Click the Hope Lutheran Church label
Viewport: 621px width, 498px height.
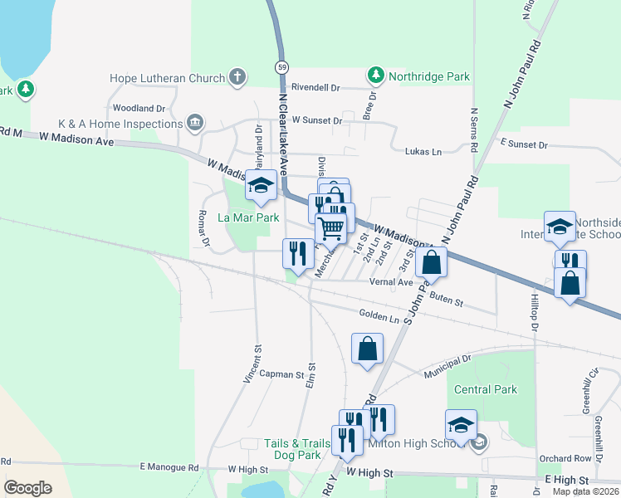167,78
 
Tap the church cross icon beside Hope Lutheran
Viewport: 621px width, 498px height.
237,78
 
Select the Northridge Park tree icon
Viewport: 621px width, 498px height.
376,76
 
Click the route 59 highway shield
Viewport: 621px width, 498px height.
283,66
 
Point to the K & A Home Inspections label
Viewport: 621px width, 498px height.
120,124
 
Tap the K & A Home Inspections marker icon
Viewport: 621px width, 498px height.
195,124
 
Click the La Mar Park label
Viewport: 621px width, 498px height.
248,217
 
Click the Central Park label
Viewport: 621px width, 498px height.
486,389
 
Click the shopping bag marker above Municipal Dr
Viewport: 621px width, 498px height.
367,349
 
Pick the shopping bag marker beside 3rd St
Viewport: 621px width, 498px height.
432,262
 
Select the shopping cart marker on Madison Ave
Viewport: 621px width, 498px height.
331,227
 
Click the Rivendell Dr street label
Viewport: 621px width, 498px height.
315,87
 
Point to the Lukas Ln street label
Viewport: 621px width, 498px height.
423,152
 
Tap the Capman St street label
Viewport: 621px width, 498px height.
282,374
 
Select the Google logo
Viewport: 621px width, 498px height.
27,488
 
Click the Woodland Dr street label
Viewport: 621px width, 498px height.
139,108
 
